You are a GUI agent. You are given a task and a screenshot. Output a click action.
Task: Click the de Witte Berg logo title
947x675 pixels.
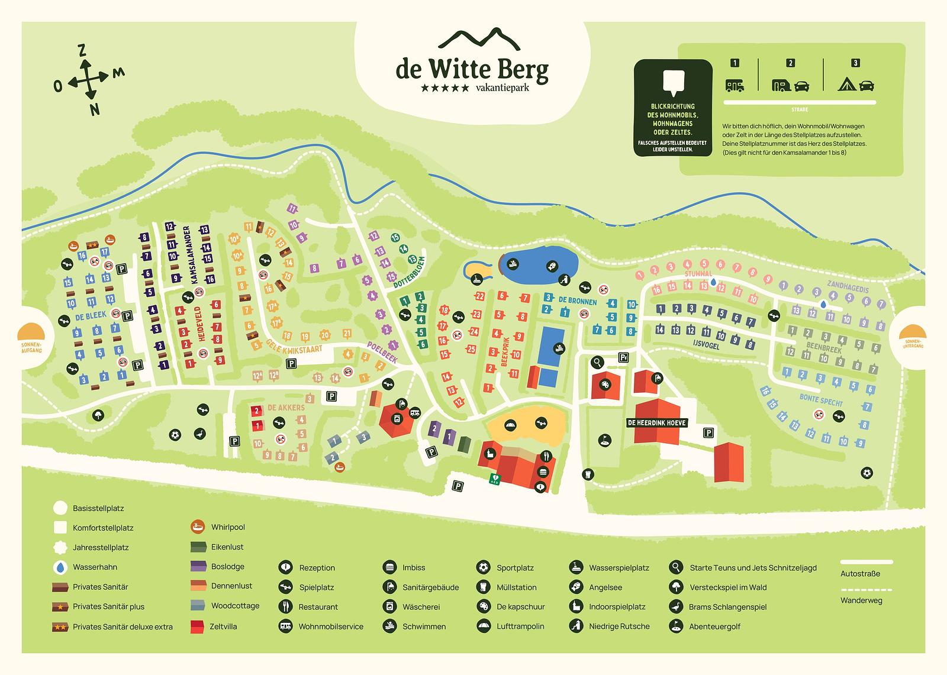pos(472,70)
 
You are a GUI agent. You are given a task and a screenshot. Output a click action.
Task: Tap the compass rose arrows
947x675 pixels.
pos(88,79)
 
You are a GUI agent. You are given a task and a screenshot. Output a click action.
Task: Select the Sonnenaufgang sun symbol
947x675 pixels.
pos(30,331)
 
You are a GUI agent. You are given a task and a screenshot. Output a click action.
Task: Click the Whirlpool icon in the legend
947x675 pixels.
pos(198,527)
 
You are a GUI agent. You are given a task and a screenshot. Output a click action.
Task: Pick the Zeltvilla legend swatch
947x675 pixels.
pos(198,626)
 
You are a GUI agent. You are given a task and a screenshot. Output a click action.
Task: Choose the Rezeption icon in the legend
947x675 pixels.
pos(285,567)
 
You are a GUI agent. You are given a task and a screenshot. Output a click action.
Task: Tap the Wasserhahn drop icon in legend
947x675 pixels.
pos(60,567)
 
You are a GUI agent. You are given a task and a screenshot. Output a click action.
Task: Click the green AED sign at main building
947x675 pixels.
pos(492,479)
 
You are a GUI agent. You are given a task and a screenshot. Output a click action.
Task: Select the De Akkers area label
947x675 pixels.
pos(286,408)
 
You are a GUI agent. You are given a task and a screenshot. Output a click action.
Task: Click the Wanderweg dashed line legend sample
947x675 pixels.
pos(867,590)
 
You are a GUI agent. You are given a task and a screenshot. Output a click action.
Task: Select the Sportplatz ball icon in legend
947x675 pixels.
pos(483,567)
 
